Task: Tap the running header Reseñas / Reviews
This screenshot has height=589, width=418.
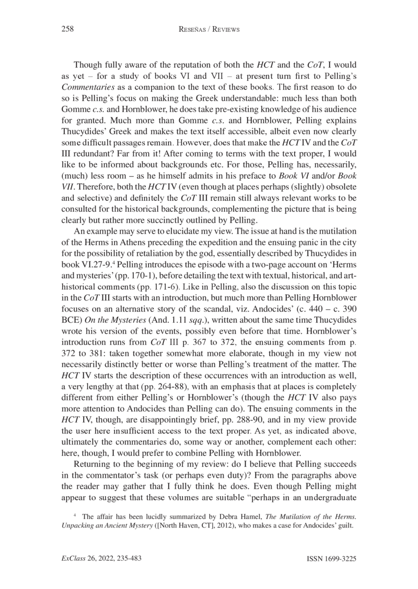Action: (209, 30)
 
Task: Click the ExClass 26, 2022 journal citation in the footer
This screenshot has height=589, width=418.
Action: (101, 559)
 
